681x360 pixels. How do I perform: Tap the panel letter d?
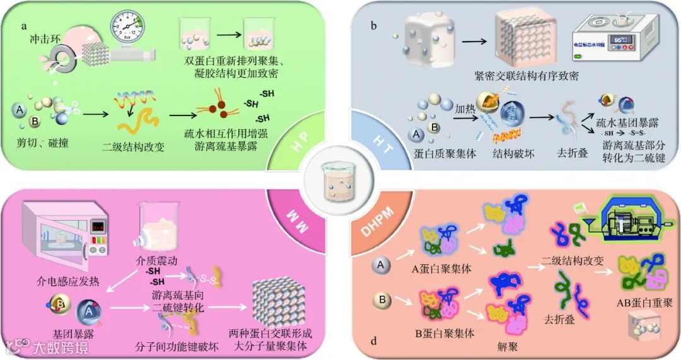click(374, 342)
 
